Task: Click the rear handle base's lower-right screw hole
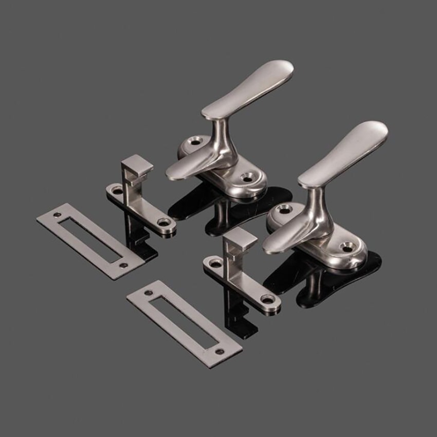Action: tap(247, 177)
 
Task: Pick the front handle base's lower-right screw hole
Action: tap(348, 248)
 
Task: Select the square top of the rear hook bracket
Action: tap(137, 164)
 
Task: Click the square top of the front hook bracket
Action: tap(240, 239)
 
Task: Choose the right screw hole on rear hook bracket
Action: tap(165, 223)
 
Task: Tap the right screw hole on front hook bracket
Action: tap(267, 299)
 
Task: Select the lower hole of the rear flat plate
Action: tap(123, 265)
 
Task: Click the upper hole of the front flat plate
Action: tap(150, 293)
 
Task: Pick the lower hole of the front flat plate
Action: tap(220, 352)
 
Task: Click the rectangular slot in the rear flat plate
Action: tap(89, 239)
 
